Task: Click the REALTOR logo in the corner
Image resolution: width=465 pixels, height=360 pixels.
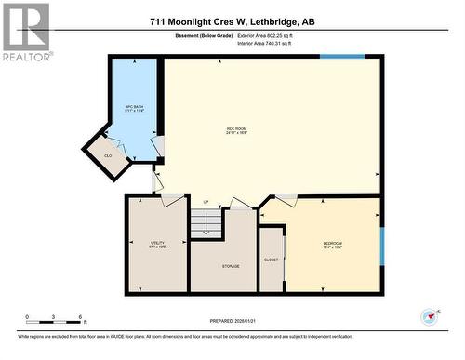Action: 25,33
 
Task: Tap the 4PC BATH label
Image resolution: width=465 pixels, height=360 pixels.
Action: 134,109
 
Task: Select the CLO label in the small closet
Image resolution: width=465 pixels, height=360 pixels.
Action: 108,155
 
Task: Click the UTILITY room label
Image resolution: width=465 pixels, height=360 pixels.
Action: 156,244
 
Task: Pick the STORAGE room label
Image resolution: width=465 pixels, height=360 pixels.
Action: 230,266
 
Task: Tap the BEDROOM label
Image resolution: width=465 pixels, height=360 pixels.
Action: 332,244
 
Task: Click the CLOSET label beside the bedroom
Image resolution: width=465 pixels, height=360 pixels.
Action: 271,260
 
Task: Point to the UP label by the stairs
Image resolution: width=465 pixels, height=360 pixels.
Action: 206,202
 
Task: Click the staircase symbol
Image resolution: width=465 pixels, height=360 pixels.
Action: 206,223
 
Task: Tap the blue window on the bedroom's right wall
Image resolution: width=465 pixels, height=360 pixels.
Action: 381,246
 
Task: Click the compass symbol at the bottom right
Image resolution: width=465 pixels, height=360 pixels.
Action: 431,317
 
